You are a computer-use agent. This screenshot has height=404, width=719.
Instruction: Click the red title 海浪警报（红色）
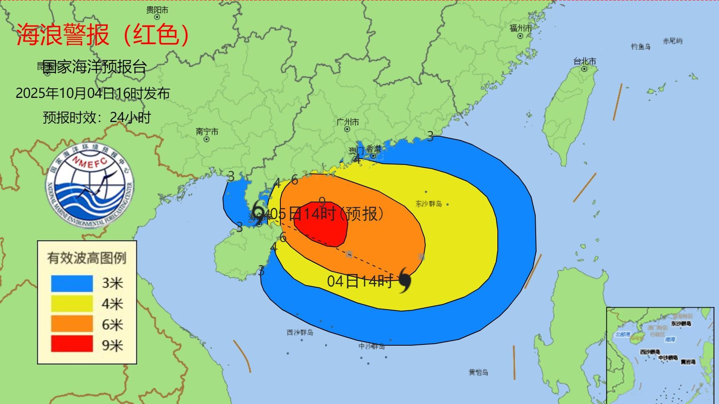103,34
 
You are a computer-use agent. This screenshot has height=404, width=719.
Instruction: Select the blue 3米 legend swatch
72,283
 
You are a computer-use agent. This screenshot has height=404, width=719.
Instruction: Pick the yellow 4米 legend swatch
72,304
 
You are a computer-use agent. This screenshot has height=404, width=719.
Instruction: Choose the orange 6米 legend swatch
72,324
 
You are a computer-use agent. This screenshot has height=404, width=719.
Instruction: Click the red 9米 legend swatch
72,344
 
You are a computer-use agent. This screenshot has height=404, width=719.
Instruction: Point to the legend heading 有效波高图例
87,258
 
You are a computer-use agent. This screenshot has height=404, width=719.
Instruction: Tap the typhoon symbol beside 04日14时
404,280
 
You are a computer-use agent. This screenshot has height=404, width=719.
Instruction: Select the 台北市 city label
584,62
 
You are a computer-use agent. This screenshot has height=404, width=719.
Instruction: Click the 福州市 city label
521,28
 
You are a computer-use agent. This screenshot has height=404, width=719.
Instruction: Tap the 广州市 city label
347,122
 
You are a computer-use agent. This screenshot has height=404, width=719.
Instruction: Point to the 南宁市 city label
207,132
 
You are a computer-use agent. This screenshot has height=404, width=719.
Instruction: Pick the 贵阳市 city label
157,10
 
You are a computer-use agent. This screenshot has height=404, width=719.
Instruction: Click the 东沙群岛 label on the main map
428,204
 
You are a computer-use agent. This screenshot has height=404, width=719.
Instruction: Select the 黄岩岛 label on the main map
478,372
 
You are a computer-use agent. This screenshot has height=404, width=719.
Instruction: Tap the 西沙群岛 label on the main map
300,332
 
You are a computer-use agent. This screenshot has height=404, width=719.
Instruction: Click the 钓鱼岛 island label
640,47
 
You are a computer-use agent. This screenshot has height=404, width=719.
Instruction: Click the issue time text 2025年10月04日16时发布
92,93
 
